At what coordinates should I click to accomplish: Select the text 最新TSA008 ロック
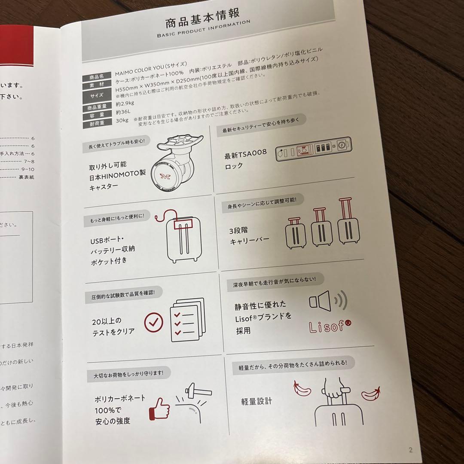coord(245,159)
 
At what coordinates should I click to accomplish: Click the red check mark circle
coord(154,320)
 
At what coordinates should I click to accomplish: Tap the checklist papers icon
coord(187,320)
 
